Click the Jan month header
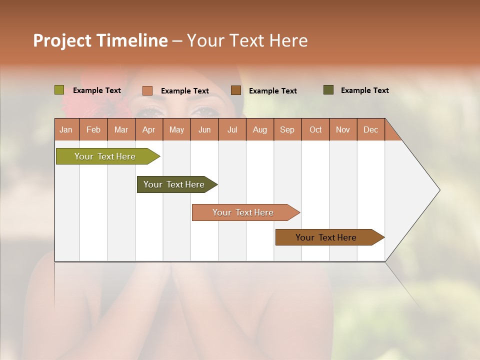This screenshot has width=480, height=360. pyautogui.click(x=66, y=129)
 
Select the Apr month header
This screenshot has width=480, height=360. pyautogui.click(x=149, y=129)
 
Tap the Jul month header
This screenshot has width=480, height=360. pyautogui.click(x=232, y=129)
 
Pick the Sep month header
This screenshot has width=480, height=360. pyautogui.click(x=287, y=129)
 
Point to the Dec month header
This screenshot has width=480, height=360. pyautogui.click(x=371, y=129)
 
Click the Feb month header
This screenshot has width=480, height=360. pyautogui.click(x=93, y=129)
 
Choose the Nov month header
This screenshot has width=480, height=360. pyautogui.click(x=343, y=129)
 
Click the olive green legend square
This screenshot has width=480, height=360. pyautogui.click(x=59, y=90)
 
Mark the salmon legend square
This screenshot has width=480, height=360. pyautogui.click(x=147, y=90)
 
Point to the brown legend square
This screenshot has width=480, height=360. pyautogui.click(x=236, y=90)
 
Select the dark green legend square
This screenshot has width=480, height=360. pyautogui.click(x=328, y=90)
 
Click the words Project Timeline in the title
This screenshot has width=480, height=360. pyautogui.click(x=100, y=40)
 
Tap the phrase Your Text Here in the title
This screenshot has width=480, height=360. pyautogui.click(x=247, y=40)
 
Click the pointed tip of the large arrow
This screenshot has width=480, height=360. pyautogui.click(x=438, y=190)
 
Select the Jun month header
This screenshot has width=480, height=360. pyautogui.click(x=204, y=129)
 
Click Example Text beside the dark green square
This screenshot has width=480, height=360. pyautogui.click(x=364, y=90)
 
